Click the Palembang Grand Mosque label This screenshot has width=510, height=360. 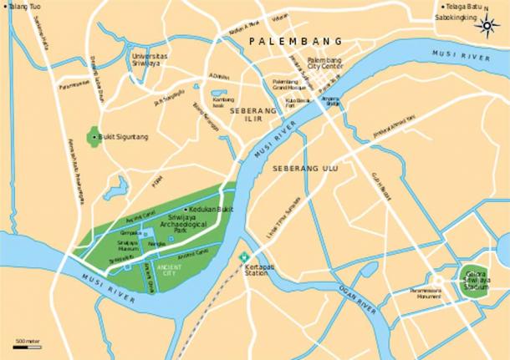coord(290,84)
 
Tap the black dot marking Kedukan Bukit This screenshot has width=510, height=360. coord(185,209)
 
